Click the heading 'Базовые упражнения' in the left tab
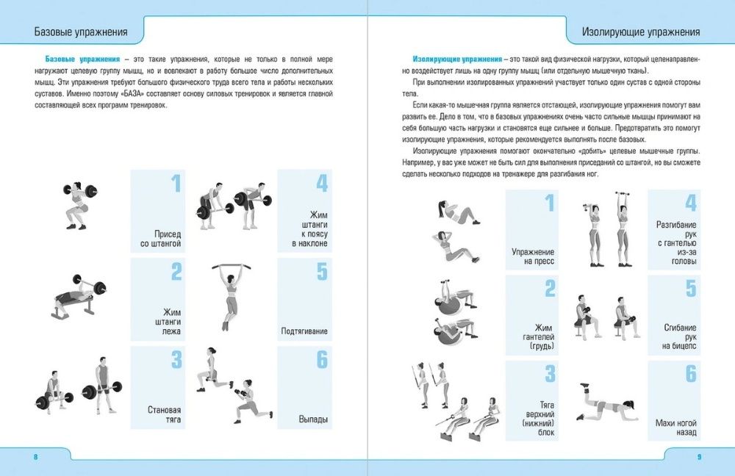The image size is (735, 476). [82, 32]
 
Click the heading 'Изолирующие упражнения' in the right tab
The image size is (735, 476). [640, 32]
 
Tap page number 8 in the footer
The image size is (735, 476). [35, 457]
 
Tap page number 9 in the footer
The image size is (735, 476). [699, 457]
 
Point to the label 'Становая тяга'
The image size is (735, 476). [164, 414]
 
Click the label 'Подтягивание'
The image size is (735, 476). [304, 331]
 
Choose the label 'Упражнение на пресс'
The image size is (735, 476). [533, 256]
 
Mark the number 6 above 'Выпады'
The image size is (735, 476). [321, 360]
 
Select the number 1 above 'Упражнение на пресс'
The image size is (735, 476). [548, 203]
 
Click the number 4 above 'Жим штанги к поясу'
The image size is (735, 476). [321, 184]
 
